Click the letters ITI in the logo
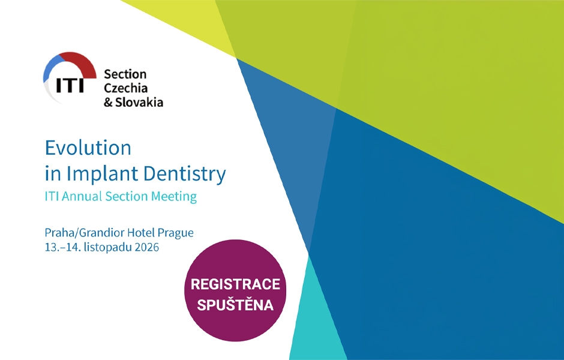click(x=70, y=85)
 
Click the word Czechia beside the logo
click(x=125, y=88)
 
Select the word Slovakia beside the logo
click(x=139, y=102)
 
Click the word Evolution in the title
click(x=88, y=148)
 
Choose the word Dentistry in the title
click(x=185, y=174)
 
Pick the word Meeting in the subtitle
click(x=174, y=197)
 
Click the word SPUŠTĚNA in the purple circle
click(x=235, y=305)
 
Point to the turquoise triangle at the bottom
click(x=314, y=323)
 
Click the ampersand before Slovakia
click(x=108, y=103)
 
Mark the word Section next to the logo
click(x=125, y=74)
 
